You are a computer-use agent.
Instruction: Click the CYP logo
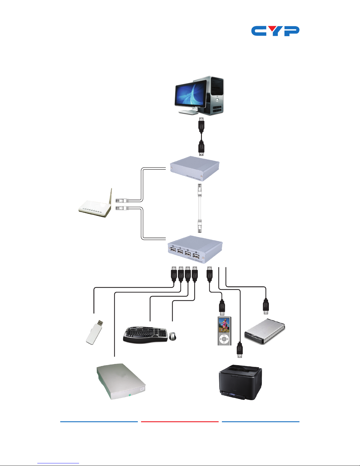[x=275, y=31]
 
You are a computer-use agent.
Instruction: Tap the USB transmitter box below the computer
[x=195, y=168]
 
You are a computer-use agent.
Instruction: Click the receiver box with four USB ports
[x=195, y=250]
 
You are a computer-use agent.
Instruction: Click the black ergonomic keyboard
[x=145, y=335]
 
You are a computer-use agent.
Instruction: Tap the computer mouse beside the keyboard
[x=173, y=336]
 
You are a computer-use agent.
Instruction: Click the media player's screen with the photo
[x=224, y=325]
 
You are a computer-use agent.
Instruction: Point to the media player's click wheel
[x=224, y=339]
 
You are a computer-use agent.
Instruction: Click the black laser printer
[x=240, y=382]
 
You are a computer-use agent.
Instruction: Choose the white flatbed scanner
[x=121, y=382]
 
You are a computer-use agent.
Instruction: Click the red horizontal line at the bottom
[x=180, y=422]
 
